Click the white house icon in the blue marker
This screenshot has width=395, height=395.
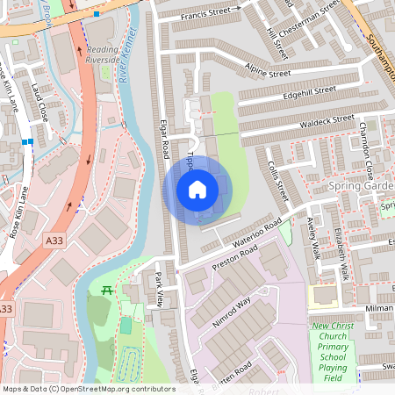pyautogui.click(x=197, y=189)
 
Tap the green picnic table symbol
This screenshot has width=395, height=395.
pyautogui.click(x=107, y=290)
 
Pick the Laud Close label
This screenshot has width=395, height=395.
pyautogui.click(x=40, y=101)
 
